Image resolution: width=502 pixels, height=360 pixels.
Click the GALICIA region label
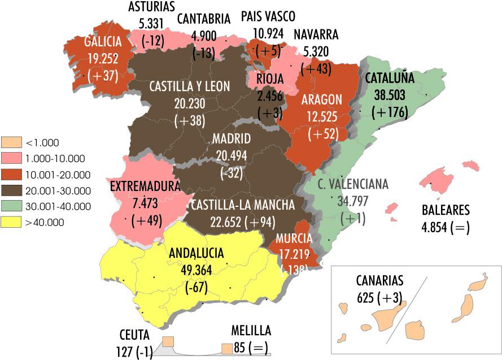pyautogui.click(x=103, y=41)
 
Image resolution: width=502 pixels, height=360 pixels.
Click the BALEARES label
pyautogui.click(x=446, y=211)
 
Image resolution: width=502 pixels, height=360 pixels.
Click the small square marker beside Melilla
pyautogui.click(x=226, y=349)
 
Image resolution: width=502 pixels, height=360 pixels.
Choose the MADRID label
pyautogui.click(x=232, y=139)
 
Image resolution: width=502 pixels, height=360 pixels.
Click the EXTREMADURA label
pyautogui.click(x=145, y=186)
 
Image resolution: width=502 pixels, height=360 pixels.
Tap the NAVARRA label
pyautogui.click(x=316, y=34)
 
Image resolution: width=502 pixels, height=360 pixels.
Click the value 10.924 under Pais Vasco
pyautogui.click(x=268, y=33)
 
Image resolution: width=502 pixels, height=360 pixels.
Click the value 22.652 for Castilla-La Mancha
pyautogui.click(x=211, y=222)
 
